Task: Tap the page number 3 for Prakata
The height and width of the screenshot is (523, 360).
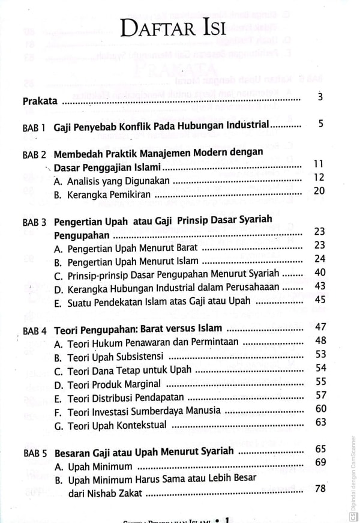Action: (320, 97)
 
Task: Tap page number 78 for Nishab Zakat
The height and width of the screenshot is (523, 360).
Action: (319, 488)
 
